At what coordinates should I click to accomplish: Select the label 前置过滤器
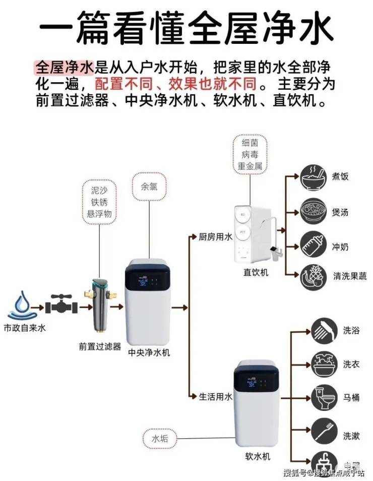(100, 346)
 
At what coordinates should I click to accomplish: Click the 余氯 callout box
(146, 187)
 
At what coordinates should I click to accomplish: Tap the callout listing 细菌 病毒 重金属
(250, 154)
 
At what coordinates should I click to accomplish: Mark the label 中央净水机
(149, 352)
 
